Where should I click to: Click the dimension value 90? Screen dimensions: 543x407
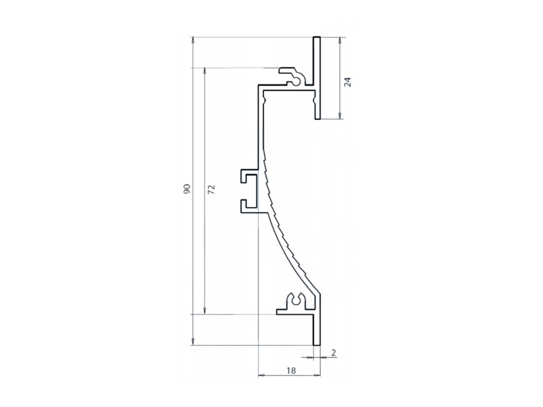coord(187,189)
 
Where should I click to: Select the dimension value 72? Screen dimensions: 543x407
coord(211,189)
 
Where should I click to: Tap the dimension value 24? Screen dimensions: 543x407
coord(348,82)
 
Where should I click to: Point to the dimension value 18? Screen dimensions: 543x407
coord(291,370)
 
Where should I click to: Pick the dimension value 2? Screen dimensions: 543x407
coord(333,353)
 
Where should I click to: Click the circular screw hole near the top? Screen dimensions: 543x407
coord(297,81)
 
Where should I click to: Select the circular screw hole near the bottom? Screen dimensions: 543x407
coord(297,301)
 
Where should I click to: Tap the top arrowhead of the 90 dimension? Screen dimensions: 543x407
coord(193,39)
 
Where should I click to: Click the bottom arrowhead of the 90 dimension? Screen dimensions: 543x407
coord(193,342)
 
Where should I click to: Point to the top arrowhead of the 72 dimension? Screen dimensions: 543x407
coord(205,71)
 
